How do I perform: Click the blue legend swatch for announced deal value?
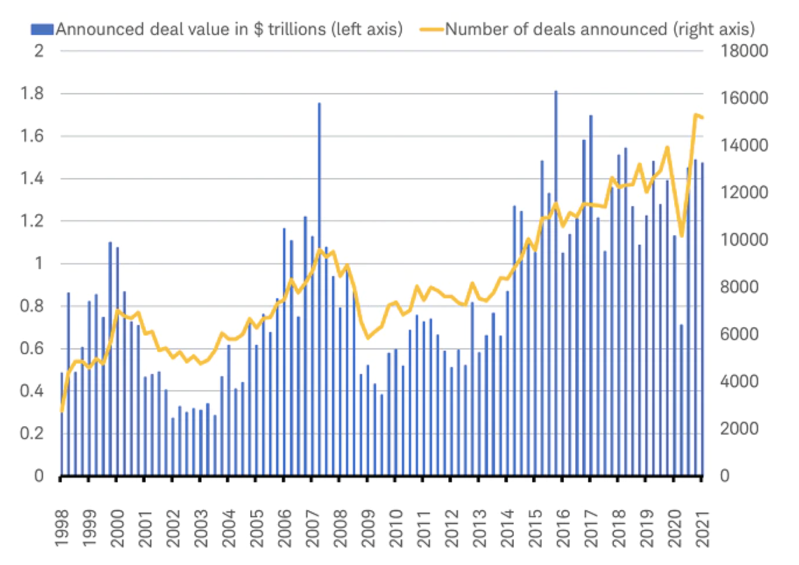point(42,30)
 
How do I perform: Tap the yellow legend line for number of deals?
point(432,30)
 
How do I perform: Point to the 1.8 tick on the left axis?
point(31,94)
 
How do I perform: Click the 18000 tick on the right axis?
point(744,51)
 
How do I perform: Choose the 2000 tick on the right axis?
point(739,429)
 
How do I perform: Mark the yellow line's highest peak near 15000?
point(695,115)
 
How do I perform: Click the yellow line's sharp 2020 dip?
point(681,235)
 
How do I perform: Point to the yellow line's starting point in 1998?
point(62,411)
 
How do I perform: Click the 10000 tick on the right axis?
point(744,240)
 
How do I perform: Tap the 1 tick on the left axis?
point(38,264)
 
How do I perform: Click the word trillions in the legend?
point(296,30)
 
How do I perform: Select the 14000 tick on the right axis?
point(744,146)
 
